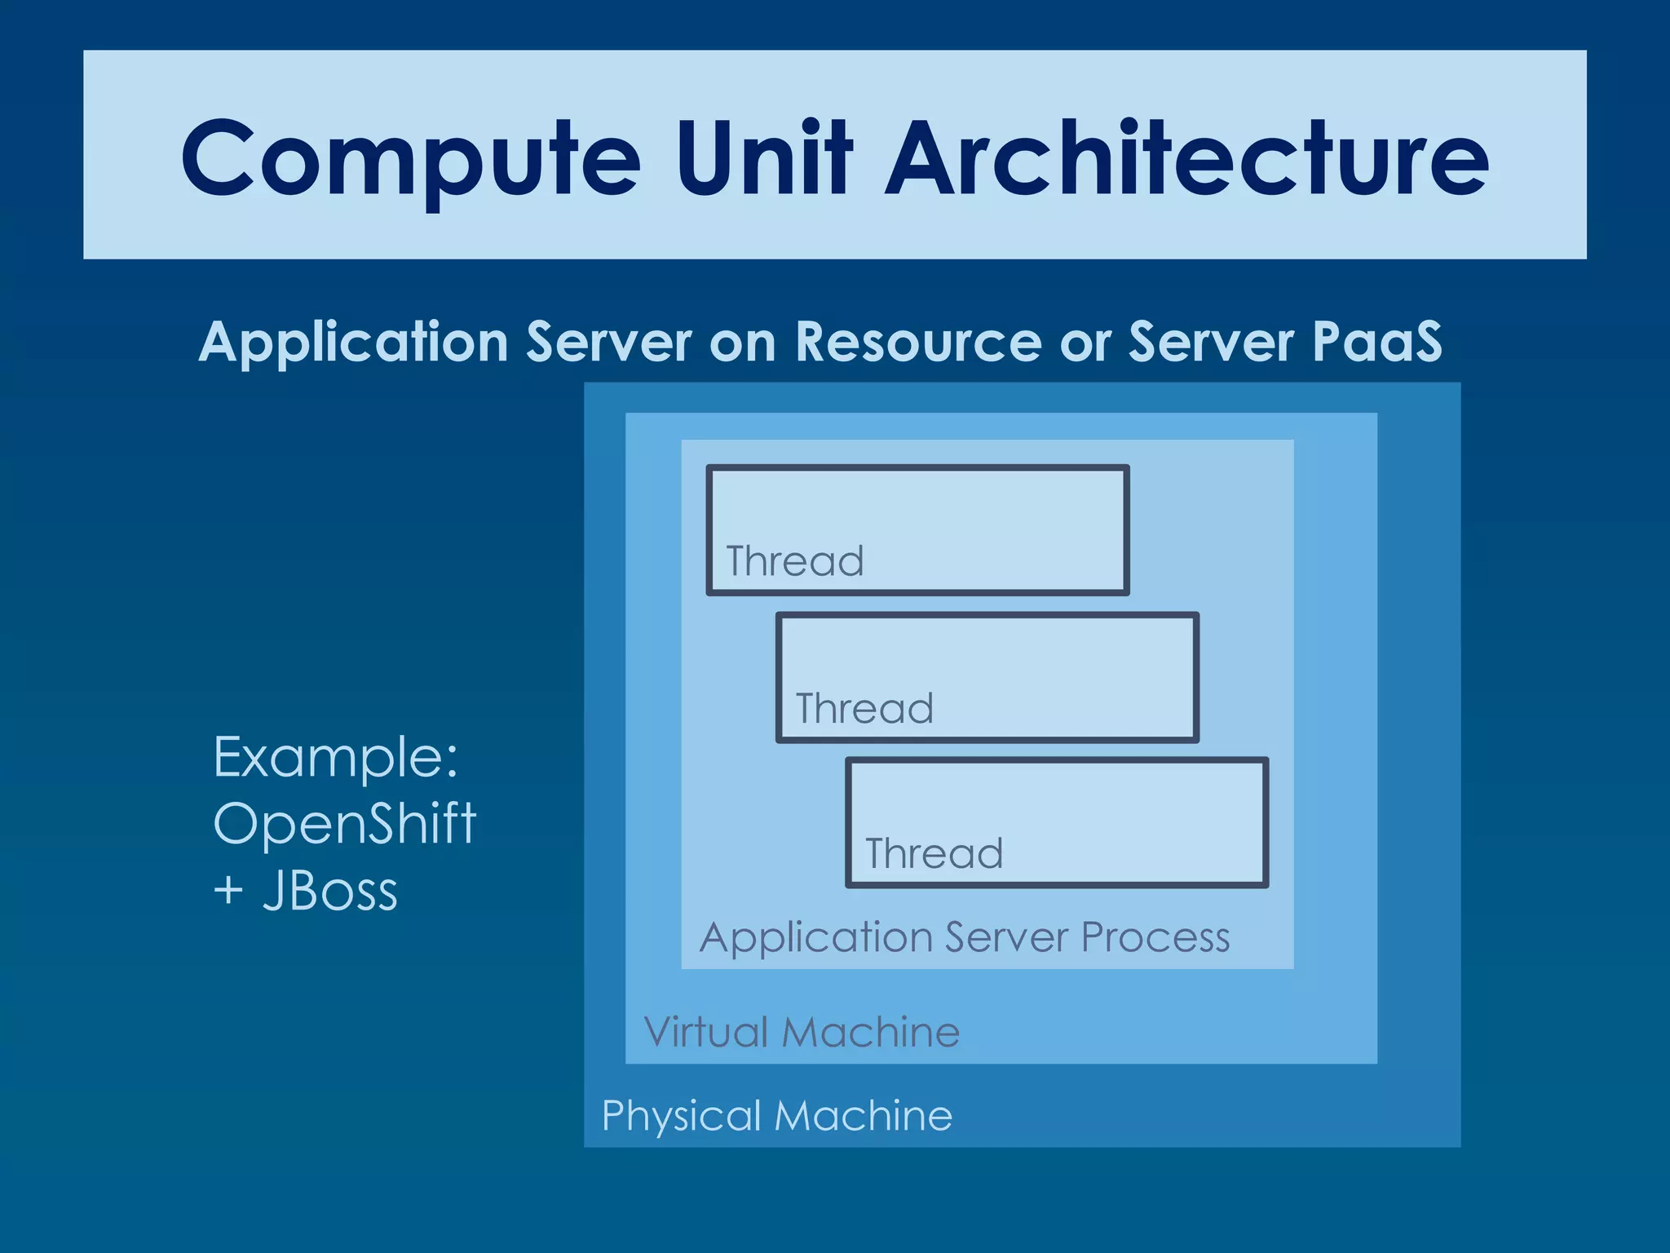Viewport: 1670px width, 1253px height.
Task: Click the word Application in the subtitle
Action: pos(353,343)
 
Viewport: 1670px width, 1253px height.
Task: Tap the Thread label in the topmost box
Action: pos(795,561)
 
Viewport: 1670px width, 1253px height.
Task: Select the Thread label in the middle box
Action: pos(864,708)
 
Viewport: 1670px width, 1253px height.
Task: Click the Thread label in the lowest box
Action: pos(934,853)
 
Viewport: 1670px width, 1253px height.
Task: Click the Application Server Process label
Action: pos(965,937)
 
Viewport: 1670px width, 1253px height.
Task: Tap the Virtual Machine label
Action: pos(802,1032)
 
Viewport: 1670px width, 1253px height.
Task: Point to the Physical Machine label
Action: pos(776,1115)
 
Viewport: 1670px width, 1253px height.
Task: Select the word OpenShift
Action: pos(344,823)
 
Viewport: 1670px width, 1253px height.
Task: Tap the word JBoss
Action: pos(330,891)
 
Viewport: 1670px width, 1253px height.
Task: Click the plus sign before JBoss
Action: pos(228,891)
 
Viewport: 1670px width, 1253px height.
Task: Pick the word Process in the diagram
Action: pos(1155,937)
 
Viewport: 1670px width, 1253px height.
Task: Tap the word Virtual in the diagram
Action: pos(706,1032)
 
